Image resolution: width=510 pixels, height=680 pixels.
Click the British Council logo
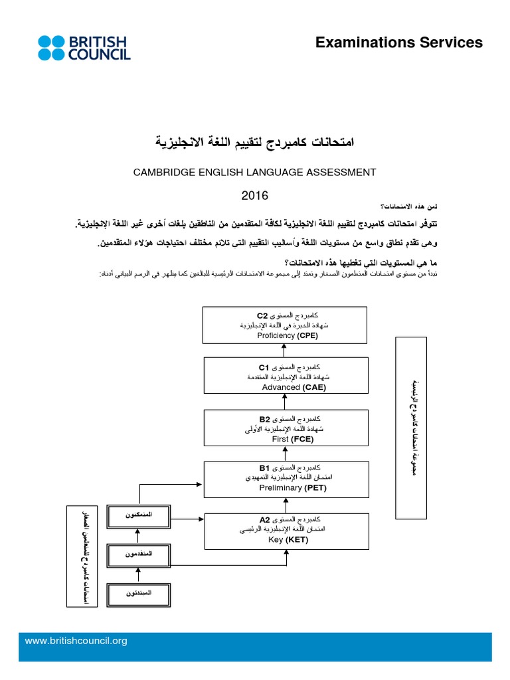[x=84, y=48]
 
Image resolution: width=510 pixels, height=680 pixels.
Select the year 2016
[x=254, y=195]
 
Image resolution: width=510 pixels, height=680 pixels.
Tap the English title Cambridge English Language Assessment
[x=254, y=172]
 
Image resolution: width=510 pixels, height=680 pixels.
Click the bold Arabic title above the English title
[x=254, y=141]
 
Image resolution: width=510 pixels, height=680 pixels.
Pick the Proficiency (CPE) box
[x=286, y=325]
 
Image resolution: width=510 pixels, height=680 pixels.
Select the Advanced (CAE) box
[x=286, y=377]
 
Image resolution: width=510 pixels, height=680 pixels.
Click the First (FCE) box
[x=286, y=428]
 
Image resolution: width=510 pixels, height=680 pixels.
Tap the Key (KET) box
[x=286, y=531]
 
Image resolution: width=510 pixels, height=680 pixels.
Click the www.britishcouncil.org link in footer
[x=76, y=641]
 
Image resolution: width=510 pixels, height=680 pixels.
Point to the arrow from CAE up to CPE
[x=285, y=351]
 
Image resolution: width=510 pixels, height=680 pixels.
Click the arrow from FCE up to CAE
[x=285, y=402]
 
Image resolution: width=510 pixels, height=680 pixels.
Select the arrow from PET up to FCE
[x=285, y=454]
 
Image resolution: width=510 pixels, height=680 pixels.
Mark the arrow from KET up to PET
[x=285, y=505]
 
